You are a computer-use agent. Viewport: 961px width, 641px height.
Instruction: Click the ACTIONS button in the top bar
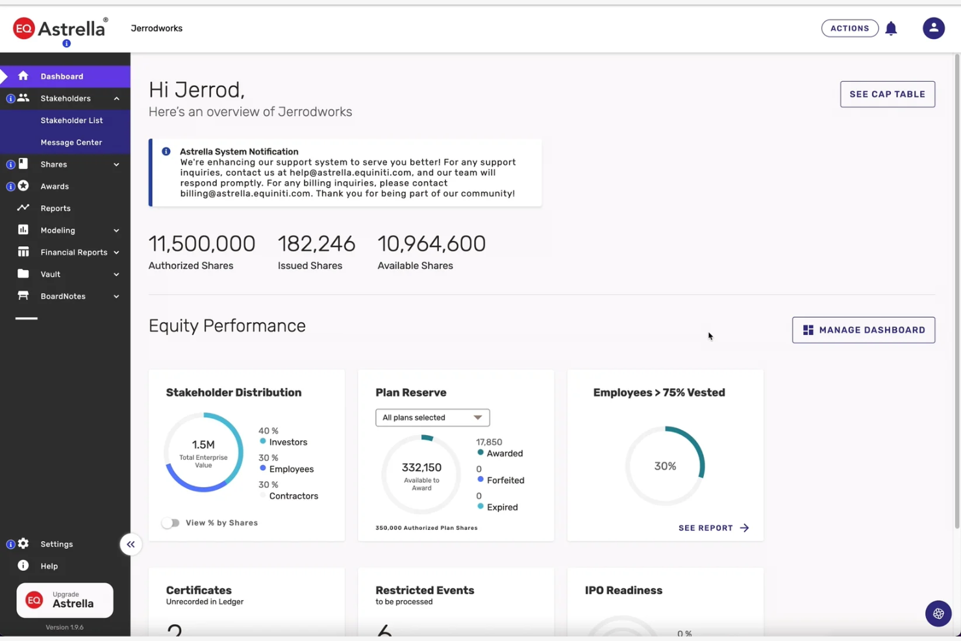point(849,29)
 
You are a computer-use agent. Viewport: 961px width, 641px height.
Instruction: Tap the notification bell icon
point(891,29)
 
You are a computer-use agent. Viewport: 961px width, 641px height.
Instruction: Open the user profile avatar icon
point(933,29)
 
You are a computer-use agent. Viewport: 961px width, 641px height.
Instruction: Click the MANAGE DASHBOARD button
point(863,330)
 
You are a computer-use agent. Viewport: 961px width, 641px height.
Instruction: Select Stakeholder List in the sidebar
point(71,121)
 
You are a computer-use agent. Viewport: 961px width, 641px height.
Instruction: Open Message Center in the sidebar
point(71,143)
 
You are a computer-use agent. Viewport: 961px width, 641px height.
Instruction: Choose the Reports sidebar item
point(55,208)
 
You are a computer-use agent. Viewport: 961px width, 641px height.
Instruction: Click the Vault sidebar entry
point(50,275)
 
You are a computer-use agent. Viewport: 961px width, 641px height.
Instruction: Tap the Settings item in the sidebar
point(56,544)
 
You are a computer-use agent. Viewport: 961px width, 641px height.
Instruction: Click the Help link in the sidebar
point(49,566)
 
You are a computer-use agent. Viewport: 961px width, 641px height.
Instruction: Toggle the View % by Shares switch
point(171,523)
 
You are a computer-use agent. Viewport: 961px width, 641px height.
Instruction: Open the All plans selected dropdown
point(432,418)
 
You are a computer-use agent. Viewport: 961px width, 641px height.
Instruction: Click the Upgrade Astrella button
point(65,600)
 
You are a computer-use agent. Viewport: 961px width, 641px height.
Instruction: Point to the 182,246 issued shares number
point(316,244)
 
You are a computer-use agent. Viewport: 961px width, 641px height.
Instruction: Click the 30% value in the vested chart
point(665,466)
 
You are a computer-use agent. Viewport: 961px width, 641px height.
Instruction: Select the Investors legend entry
point(288,442)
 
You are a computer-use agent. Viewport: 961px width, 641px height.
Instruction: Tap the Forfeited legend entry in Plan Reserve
point(505,481)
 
